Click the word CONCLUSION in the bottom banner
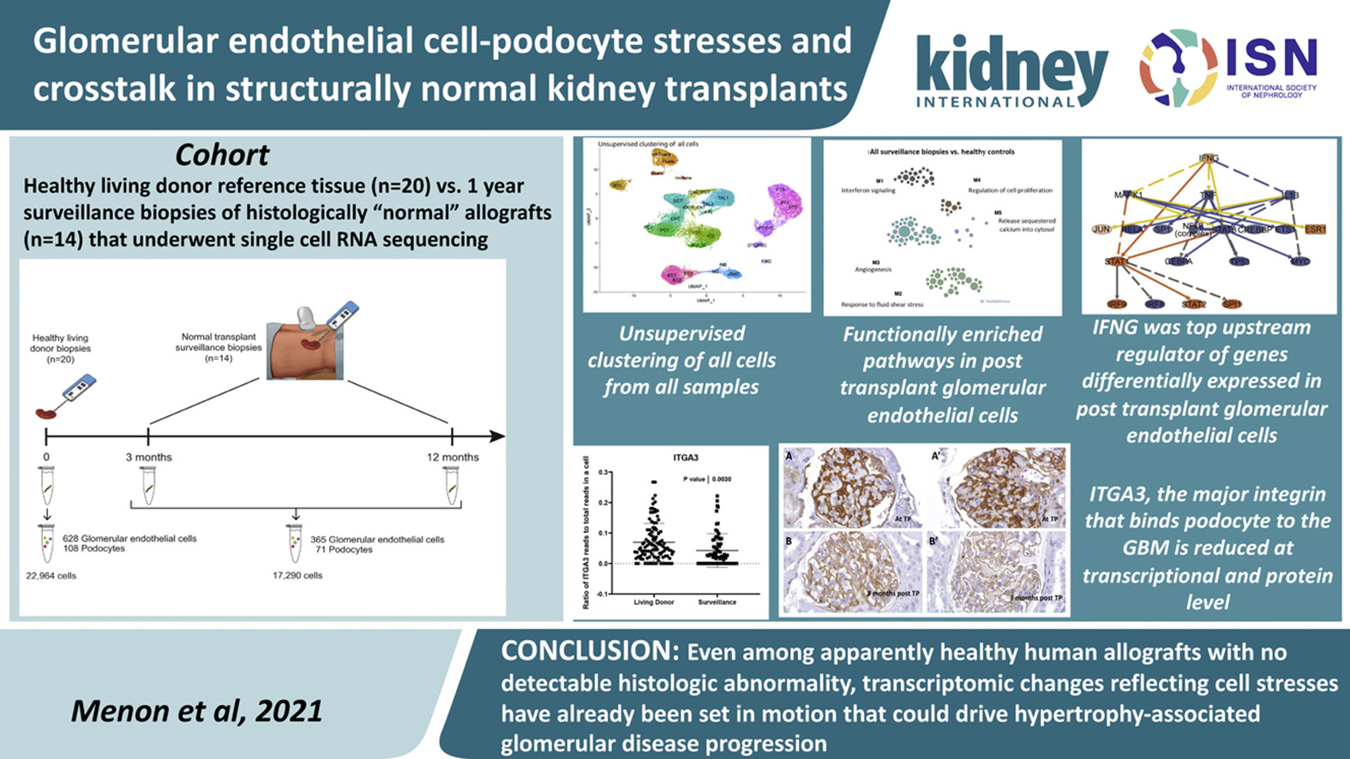[589, 652]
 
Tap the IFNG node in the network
[1208, 158]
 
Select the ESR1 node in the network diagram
[1316, 230]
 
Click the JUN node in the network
[1102, 230]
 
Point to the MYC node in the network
[1300, 261]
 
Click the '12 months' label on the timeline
[453, 457]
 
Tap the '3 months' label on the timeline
[148, 457]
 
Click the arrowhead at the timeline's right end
[497, 436]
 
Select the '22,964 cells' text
[51, 576]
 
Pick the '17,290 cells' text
[297, 576]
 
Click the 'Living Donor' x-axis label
[654, 602]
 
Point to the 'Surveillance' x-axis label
[717, 602]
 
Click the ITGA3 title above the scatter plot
[686, 458]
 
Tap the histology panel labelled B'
[997, 571]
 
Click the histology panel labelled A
[851, 487]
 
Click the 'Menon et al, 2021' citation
[196, 711]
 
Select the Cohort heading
[222, 155]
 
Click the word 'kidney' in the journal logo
[1011, 68]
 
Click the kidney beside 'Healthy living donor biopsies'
[45, 413]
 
